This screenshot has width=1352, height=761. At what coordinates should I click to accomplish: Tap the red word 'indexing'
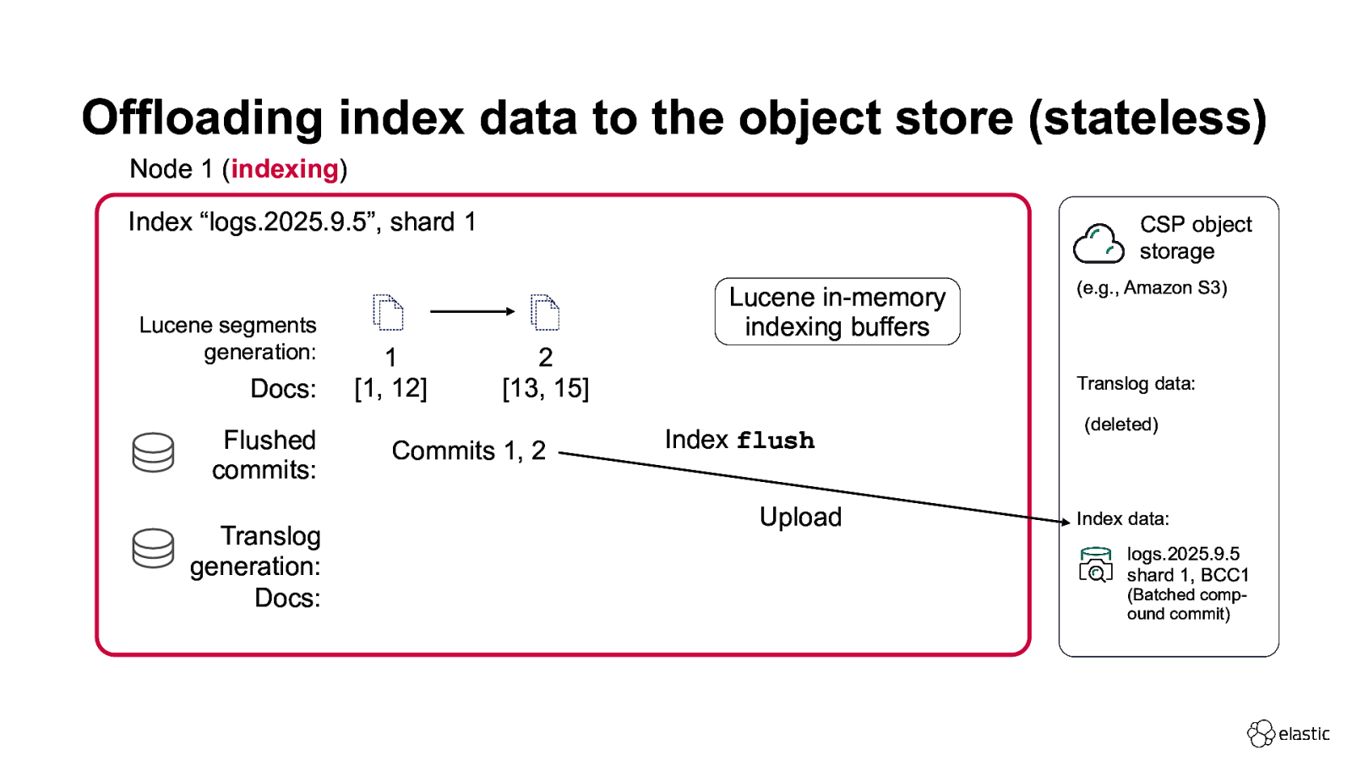[285, 169]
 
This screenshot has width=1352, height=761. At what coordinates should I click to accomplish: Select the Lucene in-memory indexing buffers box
[837, 312]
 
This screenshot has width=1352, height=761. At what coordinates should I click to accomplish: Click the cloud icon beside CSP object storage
[1098, 244]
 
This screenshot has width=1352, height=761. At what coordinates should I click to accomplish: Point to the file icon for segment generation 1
[389, 312]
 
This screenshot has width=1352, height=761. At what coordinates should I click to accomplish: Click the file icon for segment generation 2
[545, 312]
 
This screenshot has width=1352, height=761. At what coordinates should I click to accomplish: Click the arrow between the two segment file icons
[472, 311]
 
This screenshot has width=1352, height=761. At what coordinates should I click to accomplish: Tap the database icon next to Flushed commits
[153, 452]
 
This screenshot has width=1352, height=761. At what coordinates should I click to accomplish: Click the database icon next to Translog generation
[153, 548]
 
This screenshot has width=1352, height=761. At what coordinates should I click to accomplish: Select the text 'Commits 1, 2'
[468, 451]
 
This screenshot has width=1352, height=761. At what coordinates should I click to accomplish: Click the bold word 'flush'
[775, 441]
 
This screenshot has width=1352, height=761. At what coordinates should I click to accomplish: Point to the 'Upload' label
[799, 517]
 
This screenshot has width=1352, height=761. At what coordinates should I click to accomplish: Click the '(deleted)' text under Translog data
[1120, 424]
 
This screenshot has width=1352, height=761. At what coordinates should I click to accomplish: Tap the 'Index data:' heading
[1122, 519]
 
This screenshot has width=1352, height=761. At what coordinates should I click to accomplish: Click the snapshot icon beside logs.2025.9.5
[1095, 565]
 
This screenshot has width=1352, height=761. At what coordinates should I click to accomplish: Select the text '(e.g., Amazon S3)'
[1151, 288]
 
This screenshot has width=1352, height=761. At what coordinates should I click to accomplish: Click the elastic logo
[1289, 733]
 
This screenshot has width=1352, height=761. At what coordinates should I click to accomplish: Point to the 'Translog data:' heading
[1135, 384]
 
